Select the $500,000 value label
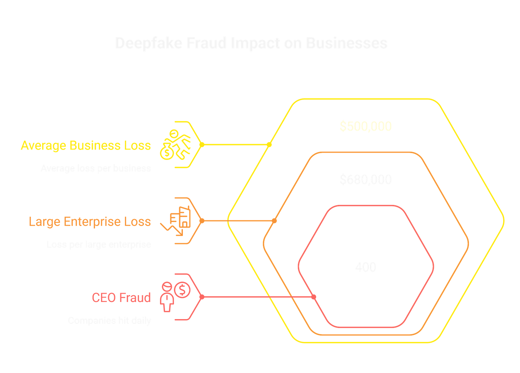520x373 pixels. point(366,126)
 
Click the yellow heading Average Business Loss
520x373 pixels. point(86,145)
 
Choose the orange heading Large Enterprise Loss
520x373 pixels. point(90,221)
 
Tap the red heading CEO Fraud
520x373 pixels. point(121,297)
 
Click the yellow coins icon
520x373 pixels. point(175,145)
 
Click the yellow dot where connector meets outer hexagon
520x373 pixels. point(270,145)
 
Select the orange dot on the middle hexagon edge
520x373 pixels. point(274,221)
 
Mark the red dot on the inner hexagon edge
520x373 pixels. point(314,297)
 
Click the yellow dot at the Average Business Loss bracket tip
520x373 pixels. point(202,145)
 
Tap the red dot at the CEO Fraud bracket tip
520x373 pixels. point(202,297)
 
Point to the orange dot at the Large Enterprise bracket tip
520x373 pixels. point(202,221)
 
